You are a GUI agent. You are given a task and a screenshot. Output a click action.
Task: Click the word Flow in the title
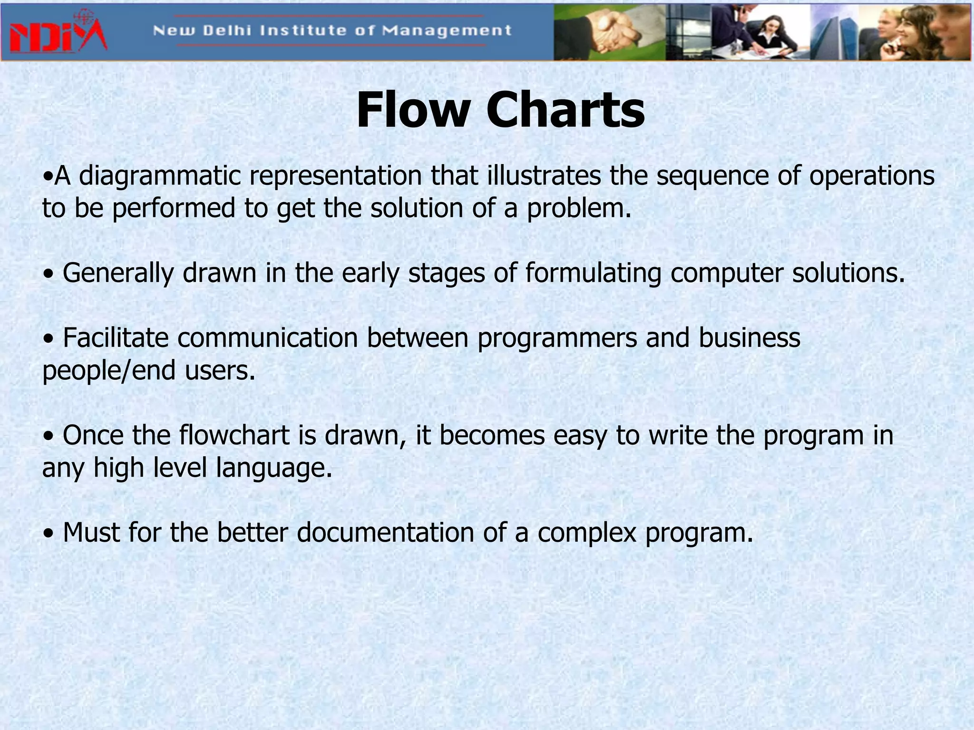412,110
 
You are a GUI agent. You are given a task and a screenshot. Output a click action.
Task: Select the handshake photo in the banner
609,32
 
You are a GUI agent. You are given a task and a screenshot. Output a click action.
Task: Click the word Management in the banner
447,31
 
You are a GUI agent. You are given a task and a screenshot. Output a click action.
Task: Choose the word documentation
385,532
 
